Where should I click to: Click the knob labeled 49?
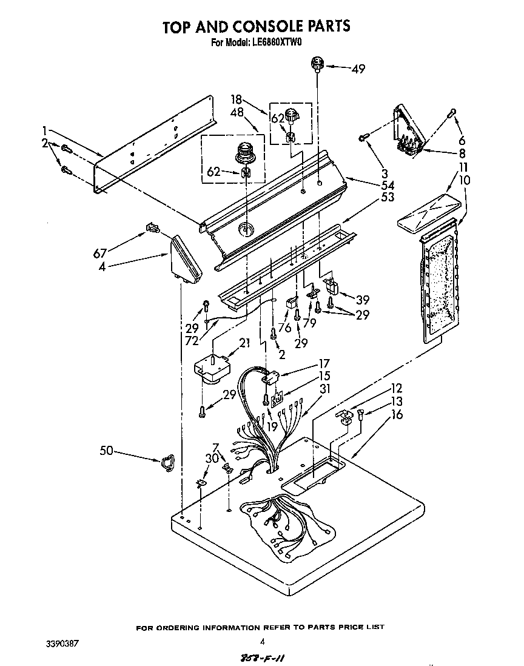coord(317,63)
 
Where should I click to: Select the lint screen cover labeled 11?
coord(425,214)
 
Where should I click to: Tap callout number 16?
coord(397,415)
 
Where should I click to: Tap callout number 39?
coord(363,300)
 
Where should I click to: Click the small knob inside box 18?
coord(292,114)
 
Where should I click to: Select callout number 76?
coord(284,328)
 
